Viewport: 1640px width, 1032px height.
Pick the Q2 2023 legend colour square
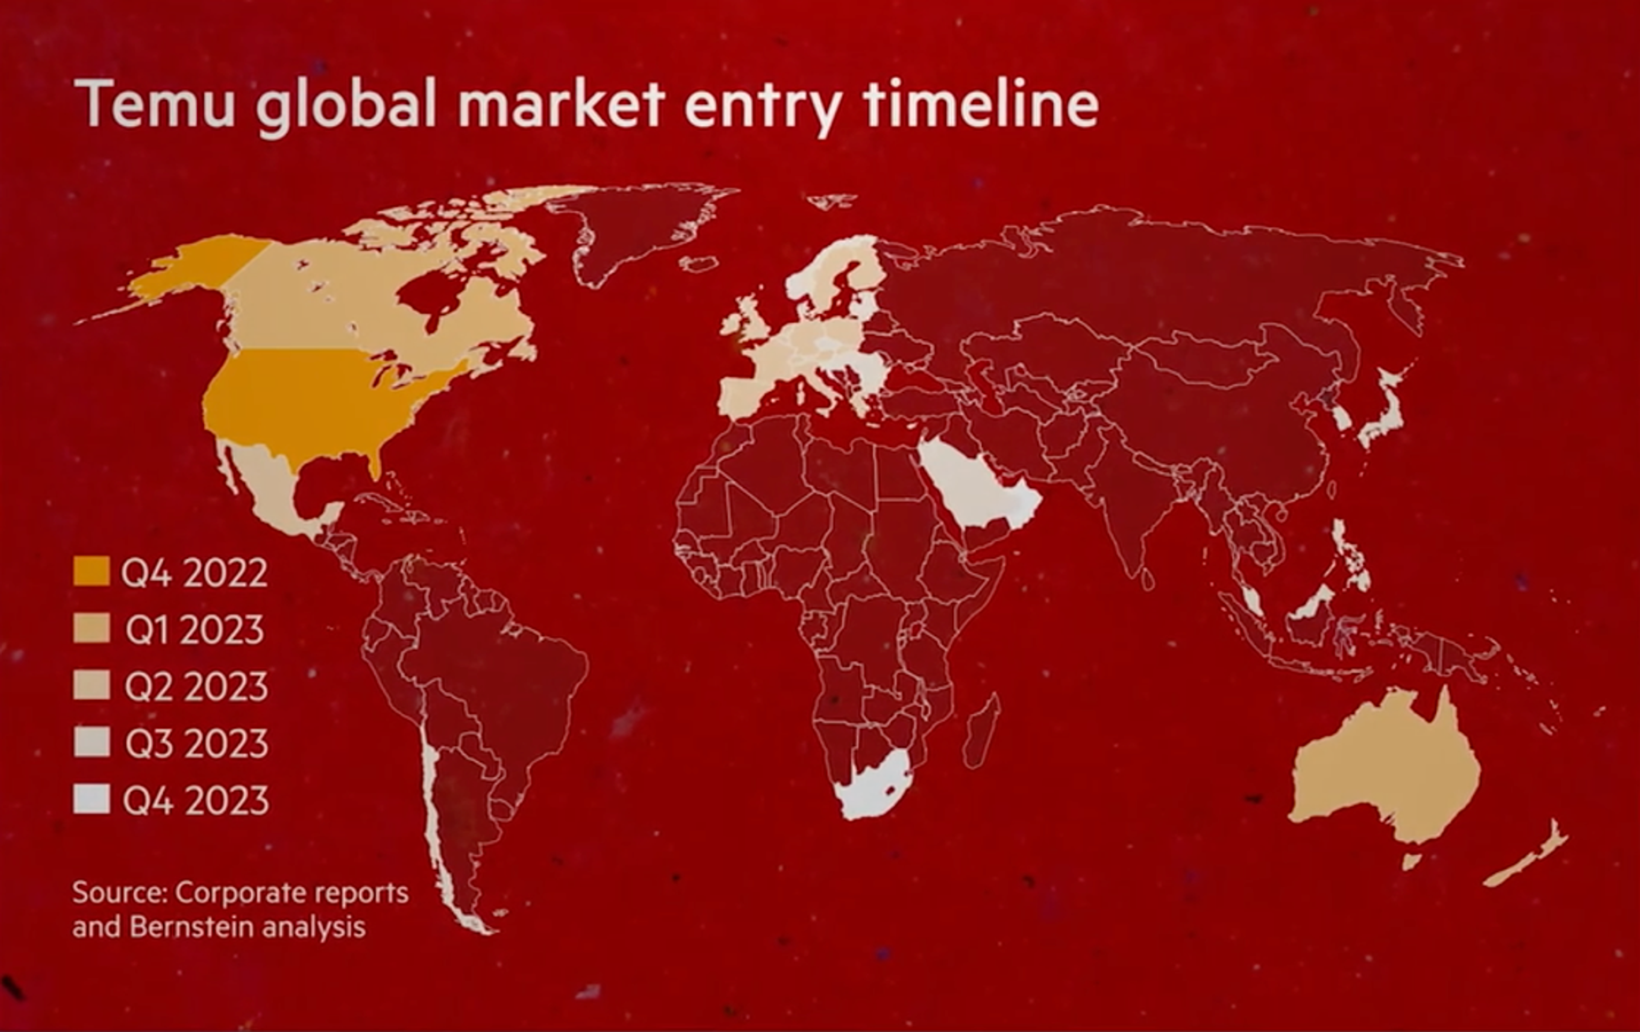[91, 685]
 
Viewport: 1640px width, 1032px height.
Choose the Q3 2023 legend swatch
[91, 743]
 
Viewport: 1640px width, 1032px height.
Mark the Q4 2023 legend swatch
[91, 800]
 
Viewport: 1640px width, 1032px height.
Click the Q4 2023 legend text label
[196, 801]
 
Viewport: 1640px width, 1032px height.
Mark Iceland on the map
[699, 263]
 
